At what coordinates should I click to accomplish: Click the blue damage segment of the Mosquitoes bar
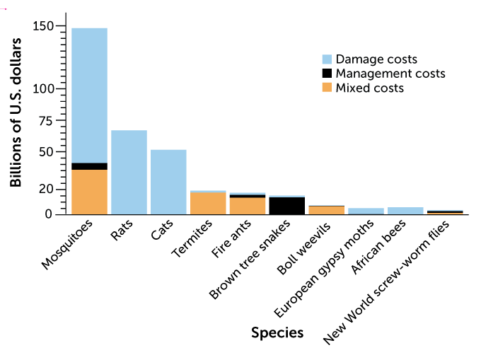point(89,95)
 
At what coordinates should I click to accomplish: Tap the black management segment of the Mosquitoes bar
point(89,166)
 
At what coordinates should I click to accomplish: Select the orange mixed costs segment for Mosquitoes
point(89,192)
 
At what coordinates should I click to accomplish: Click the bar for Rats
point(129,172)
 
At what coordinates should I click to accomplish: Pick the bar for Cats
point(168,182)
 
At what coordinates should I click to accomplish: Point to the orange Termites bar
point(208,203)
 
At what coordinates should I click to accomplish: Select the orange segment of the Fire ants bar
point(248,205)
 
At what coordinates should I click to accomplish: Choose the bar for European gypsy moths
point(366,211)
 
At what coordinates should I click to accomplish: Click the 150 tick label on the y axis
point(43,26)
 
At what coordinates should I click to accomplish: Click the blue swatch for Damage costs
point(326,59)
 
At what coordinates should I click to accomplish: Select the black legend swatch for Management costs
point(326,74)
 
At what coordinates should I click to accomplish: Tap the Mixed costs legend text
point(369,88)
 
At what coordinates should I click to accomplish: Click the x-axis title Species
point(277,332)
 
